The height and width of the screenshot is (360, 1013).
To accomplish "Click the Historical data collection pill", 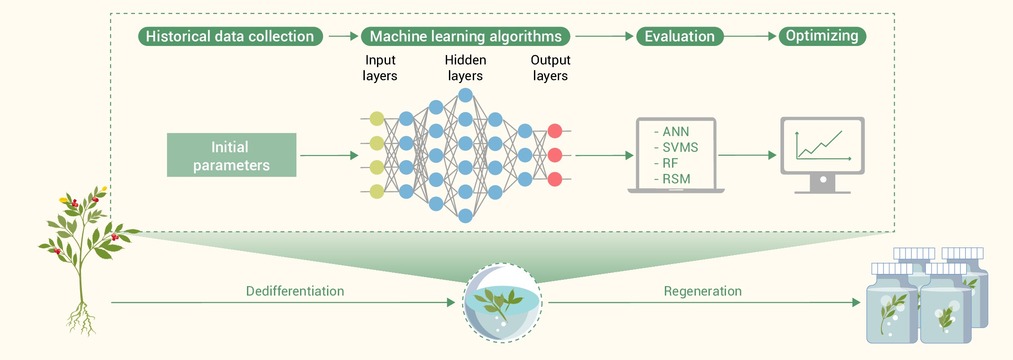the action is pyautogui.click(x=230, y=36).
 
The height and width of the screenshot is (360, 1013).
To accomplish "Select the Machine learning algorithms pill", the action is pyautogui.click(x=465, y=36).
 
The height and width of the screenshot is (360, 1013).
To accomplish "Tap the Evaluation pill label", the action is pyautogui.click(x=679, y=36).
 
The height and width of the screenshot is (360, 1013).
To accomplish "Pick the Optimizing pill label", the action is pyautogui.click(x=822, y=36).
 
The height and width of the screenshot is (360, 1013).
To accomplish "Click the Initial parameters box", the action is pyautogui.click(x=231, y=155).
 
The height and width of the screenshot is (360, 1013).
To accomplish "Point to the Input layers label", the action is pyautogui.click(x=381, y=68).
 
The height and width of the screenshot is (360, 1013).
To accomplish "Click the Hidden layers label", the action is pyautogui.click(x=465, y=68).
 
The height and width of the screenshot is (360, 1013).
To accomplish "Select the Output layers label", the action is pyautogui.click(x=549, y=68).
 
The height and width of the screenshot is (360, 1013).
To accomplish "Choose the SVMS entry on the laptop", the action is pyautogui.click(x=676, y=148).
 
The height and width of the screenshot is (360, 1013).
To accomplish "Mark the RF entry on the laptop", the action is pyautogui.click(x=667, y=164).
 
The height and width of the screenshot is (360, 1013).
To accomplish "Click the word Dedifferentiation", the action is pyautogui.click(x=295, y=291).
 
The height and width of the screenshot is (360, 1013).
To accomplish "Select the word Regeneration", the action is pyautogui.click(x=702, y=291).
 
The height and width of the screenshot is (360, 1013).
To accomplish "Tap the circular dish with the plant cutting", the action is pyautogui.click(x=502, y=302).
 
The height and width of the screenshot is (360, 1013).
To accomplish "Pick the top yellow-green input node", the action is pyautogui.click(x=377, y=118).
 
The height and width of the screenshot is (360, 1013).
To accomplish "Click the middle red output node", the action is pyautogui.click(x=554, y=155).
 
